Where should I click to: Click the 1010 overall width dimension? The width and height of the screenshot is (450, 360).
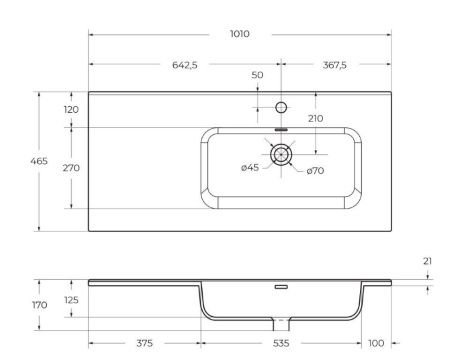point(239,33)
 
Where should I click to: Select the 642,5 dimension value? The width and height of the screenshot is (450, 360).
point(185,65)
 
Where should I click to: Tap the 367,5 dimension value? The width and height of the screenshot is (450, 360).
point(334,65)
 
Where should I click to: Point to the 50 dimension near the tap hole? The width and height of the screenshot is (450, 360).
point(257,76)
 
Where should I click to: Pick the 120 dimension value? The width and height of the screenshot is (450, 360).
point(71,110)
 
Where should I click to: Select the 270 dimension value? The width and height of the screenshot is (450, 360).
point(71,168)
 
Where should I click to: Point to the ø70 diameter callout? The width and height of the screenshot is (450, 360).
point(315,171)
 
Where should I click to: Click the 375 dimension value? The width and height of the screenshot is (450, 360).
point(144,343)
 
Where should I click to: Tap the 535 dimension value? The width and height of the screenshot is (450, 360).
point(281,343)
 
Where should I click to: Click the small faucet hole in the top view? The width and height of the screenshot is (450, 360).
point(281,105)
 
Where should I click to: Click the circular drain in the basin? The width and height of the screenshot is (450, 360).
point(282,154)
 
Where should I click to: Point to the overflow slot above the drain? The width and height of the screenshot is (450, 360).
point(281,131)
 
